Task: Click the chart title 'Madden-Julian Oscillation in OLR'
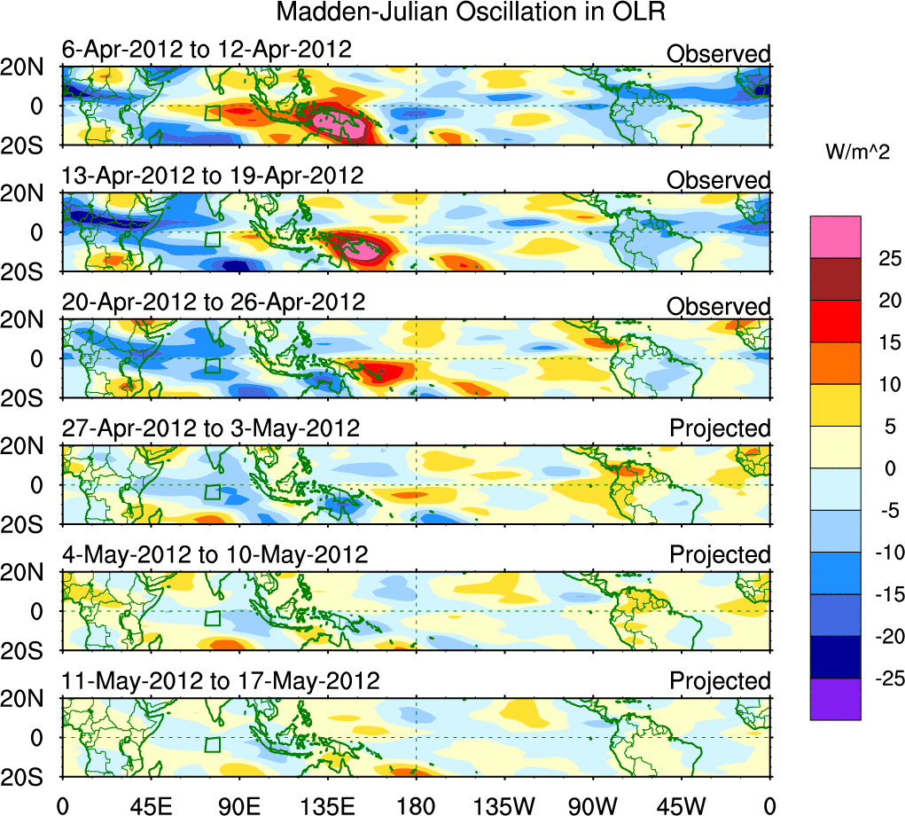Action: pos(471,12)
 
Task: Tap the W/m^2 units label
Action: pos(857,153)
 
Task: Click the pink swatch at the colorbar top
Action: pos(835,237)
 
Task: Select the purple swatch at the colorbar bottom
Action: pos(835,699)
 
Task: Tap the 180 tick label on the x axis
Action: pos(417,804)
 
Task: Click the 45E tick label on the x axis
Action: pos(150,804)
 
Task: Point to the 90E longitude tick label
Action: pos(238,804)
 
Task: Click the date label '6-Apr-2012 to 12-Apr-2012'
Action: pos(207,50)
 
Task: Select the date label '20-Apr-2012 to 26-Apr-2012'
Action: pos(213,302)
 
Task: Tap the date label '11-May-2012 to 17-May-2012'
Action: pos(221,681)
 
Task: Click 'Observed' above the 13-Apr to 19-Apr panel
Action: pos(719,180)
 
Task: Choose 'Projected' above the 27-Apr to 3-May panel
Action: pos(720,428)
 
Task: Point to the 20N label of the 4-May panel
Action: pos(27,573)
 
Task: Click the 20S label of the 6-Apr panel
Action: pos(27,144)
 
